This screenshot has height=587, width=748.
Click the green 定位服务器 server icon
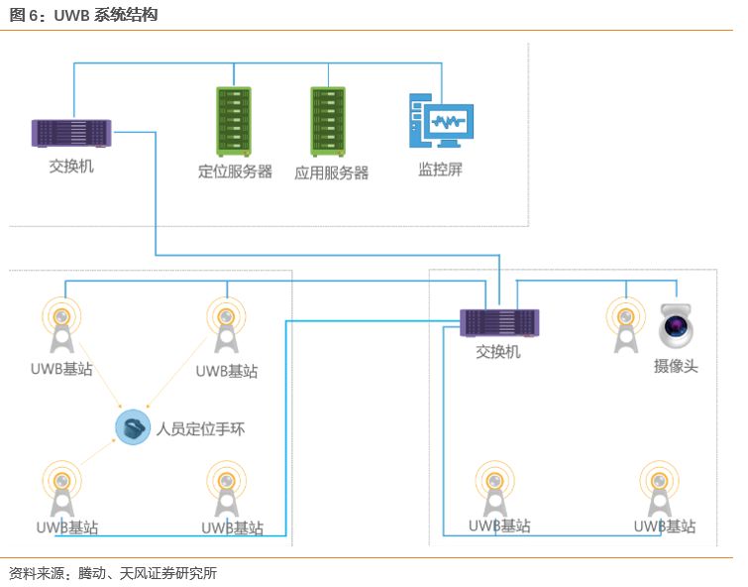point(234,121)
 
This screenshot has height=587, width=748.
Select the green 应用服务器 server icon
point(328,121)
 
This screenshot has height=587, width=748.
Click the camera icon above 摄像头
point(676,326)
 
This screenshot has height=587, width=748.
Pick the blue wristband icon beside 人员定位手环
point(132,427)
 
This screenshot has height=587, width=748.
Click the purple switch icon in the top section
point(71,133)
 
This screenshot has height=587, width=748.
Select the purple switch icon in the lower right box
point(499,322)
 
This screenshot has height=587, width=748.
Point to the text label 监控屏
point(440,170)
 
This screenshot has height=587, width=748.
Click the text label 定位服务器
point(235,172)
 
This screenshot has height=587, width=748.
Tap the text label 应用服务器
point(331,173)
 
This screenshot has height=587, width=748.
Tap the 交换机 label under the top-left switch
point(71,166)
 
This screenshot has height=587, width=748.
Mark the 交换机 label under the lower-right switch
point(497,352)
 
